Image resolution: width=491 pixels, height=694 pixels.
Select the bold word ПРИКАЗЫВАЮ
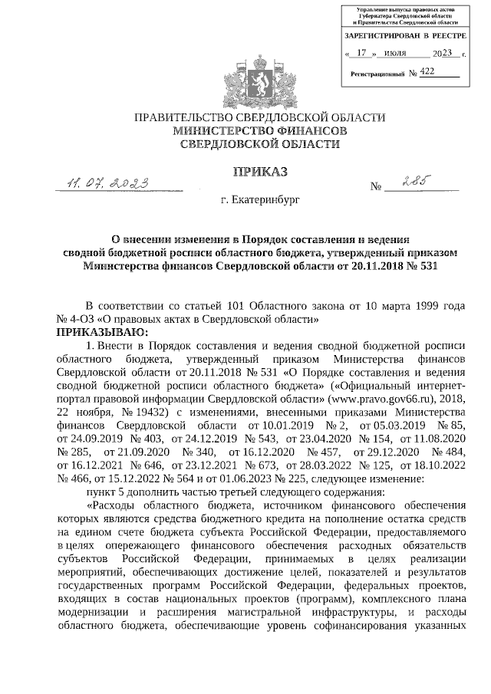(98, 331)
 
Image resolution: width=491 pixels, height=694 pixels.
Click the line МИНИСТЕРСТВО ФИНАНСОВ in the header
(259, 131)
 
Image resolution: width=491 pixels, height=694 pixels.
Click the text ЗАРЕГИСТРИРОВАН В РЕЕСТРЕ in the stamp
(404, 36)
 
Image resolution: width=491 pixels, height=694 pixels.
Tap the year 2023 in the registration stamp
(443, 54)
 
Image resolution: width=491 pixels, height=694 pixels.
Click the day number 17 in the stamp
(362, 54)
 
